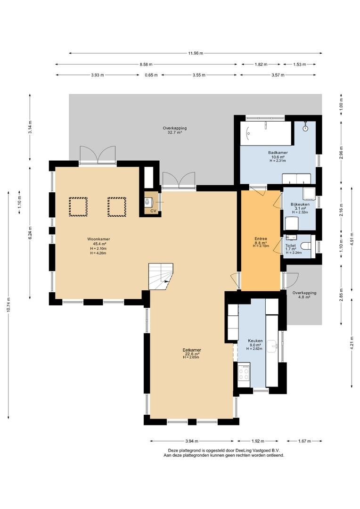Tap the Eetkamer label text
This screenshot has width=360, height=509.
point(192,350)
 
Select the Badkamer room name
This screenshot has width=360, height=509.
point(278,153)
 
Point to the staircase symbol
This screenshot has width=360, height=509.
point(161,276)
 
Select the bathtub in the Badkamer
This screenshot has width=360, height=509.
point(266,133)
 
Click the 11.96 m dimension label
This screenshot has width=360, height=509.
point(196,53)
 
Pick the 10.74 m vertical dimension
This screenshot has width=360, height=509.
point(8,304)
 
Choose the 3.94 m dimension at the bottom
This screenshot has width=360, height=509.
point(191,441)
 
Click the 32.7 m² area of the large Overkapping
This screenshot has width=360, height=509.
point(175,132)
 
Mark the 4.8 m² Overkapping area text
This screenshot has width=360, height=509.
point(304,297)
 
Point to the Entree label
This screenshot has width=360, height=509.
point(261,239)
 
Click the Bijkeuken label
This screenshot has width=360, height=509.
point(300,205)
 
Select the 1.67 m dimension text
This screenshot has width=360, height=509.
point(304,441)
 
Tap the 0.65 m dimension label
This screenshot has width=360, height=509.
point(151,75)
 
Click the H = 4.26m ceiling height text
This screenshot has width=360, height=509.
point(98,253)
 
